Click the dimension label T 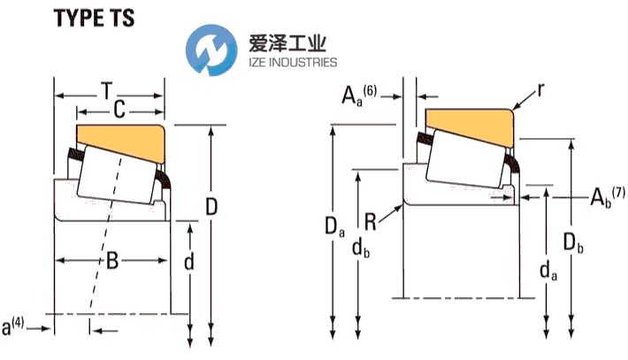(106, 90)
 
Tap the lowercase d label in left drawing (188, 262)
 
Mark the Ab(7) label (606, 195)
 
